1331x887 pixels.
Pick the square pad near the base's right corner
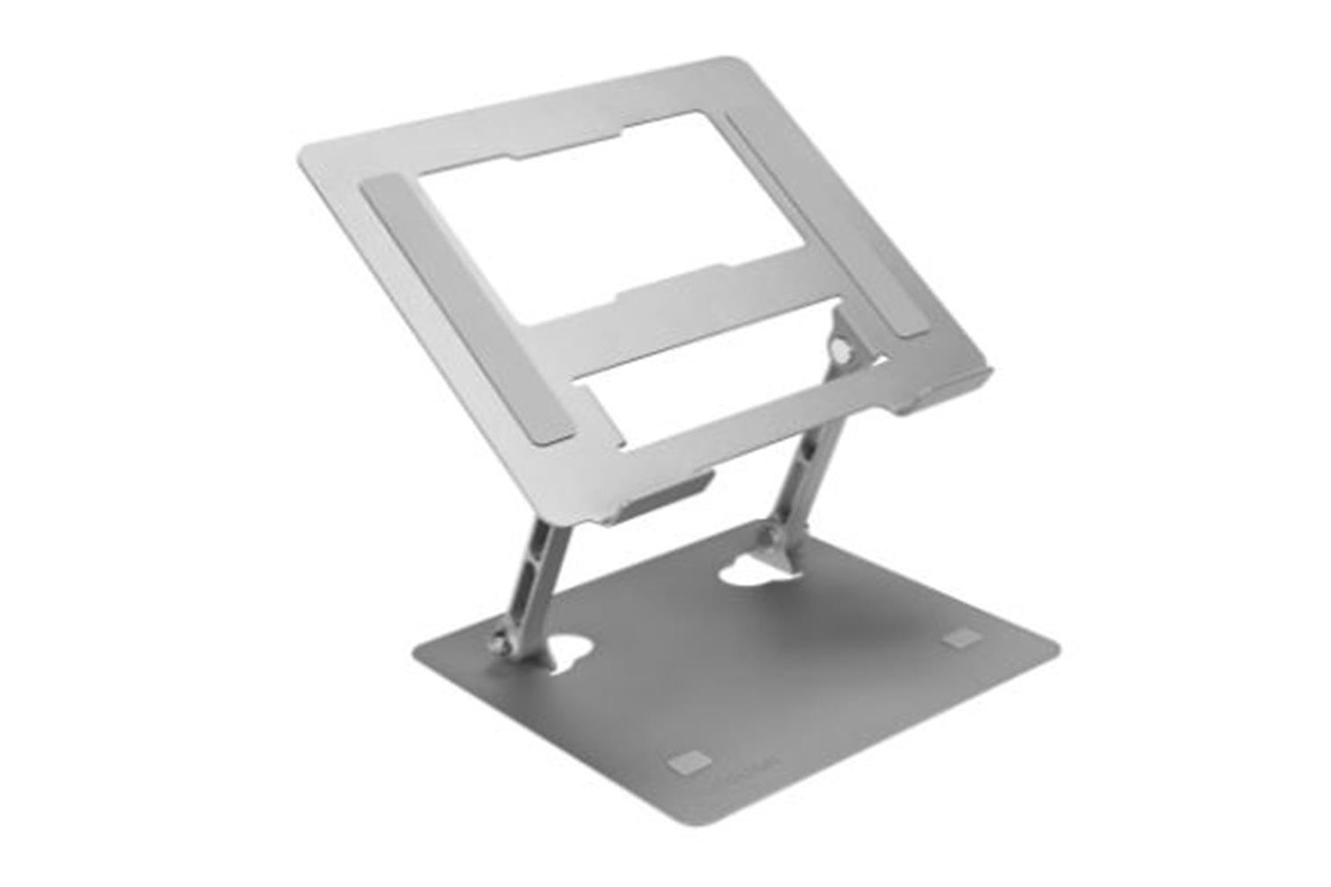[959, 638]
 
